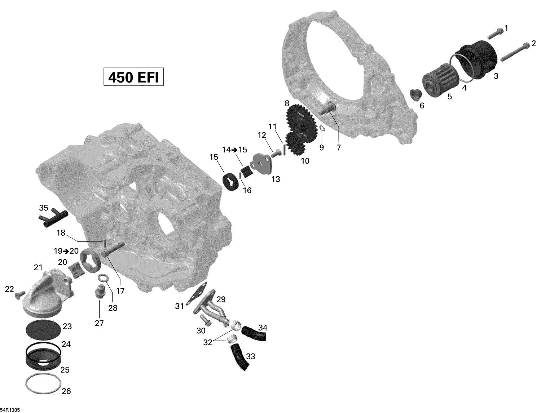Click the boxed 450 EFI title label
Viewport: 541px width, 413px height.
(133, 77)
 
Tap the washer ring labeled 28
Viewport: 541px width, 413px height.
(104, 278)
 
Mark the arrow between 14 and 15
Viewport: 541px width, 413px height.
(234, 150)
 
